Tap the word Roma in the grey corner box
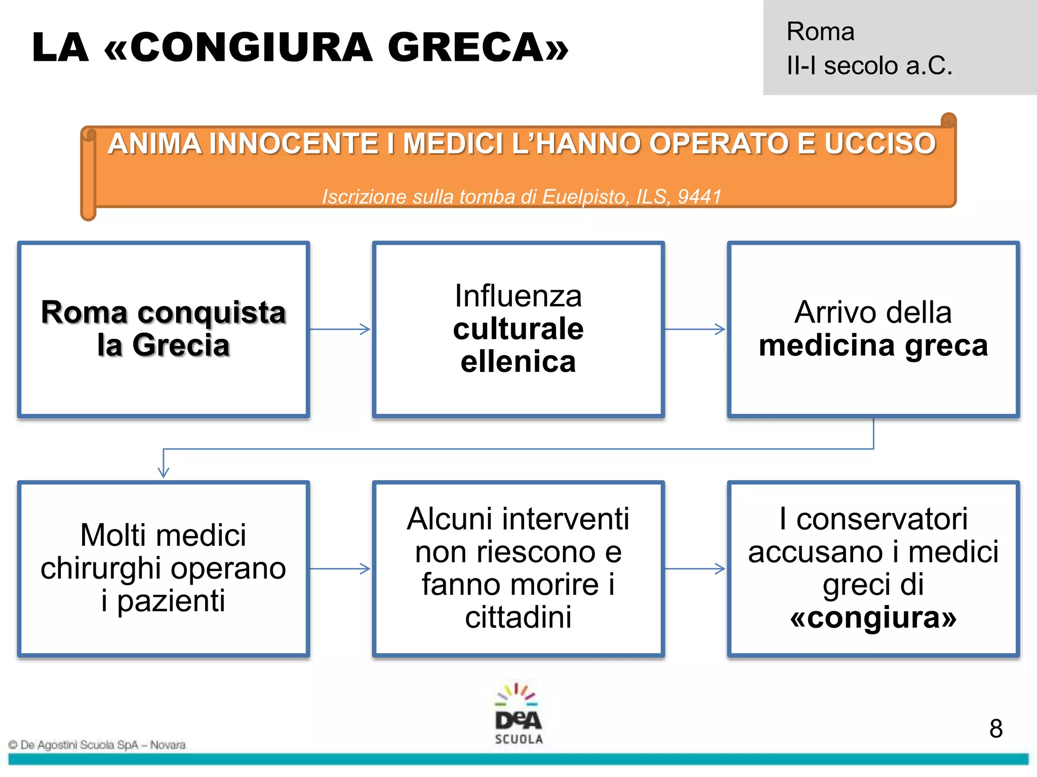820,32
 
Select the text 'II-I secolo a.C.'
869,66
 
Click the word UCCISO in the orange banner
880,144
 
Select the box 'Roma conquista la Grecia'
164,329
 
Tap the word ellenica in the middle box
518,362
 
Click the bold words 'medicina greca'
873,346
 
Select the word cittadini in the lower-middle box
518,617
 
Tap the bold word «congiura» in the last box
873,617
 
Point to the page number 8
995,729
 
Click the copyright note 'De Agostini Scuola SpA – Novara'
97,745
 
